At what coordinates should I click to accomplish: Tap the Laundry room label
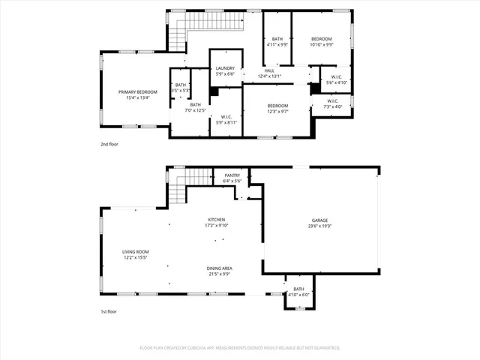pyautogui.click(x=225, y=68)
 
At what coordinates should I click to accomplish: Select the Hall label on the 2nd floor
pyautogui.click(x=268, y=70)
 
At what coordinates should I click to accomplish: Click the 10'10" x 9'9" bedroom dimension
pyautogui.click(x=321, y=44)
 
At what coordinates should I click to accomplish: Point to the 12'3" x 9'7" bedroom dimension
pyautogui.click(x=277, y=112)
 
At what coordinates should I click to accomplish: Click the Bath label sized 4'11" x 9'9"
pyautogui.click(x=277, y=39)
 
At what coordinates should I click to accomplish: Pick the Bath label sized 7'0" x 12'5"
pyautogui.click(x=195, y=105)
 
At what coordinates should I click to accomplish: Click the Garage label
pyautogui.click(x=319, y=220)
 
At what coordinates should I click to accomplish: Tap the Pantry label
pyautogui.click(x=232, y=175)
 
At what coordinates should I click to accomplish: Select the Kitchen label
pyautogui.click(x=217, y=220)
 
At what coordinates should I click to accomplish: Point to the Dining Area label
pyautogui.click(x=219, y=268)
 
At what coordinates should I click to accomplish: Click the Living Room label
pyautogui.click(x=136, y=251)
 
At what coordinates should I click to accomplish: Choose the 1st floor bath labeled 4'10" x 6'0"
pyautogui.click(x=298, y=289)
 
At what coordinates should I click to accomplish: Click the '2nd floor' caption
pyautogui.click(x=109, y=143)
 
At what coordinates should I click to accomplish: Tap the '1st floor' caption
pyautogui.click(x=109, y=311)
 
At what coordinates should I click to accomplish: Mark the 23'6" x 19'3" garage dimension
pyautogui.click(x=319, y=226)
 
